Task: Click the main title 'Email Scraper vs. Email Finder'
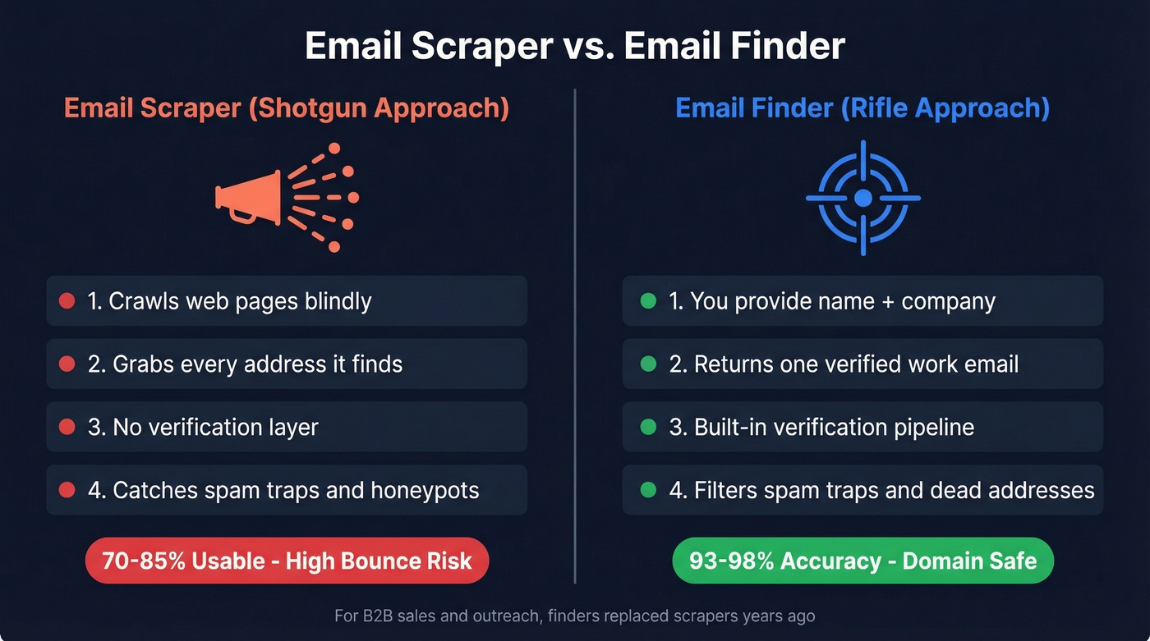(575, 46)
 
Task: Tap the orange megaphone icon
(246, 198)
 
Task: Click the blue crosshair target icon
(862, 198)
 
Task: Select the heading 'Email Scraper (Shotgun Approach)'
(287, 108)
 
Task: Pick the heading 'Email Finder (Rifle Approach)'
(862, 108)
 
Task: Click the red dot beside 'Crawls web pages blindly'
(67, 301)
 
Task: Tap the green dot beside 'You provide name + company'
(648, 301)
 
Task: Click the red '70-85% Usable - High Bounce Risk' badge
(287, 561)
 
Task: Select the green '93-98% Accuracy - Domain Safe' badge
(862, 561)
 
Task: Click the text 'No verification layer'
(215, 428)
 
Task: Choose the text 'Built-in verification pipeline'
(834, 428)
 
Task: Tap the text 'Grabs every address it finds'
(258, 364)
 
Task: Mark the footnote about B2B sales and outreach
(575, 616)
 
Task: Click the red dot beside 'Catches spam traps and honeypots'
(67, 491)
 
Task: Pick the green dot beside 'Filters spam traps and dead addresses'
(648, 491)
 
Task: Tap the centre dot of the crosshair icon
(862, 198)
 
